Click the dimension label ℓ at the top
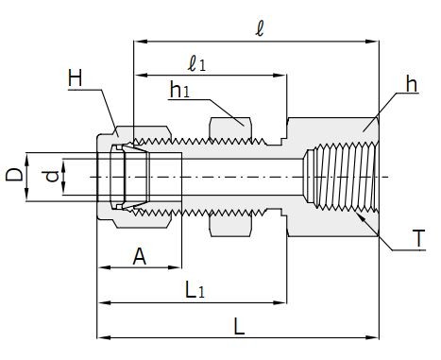(260, 29)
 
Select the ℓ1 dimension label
(196, 64)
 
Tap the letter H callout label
(76, 78)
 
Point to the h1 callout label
(179, 90)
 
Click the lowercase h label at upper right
(412, 84)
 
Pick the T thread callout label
(418, 238)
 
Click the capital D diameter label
(14, 175)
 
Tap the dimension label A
(140, 257)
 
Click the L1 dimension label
(195, 290)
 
